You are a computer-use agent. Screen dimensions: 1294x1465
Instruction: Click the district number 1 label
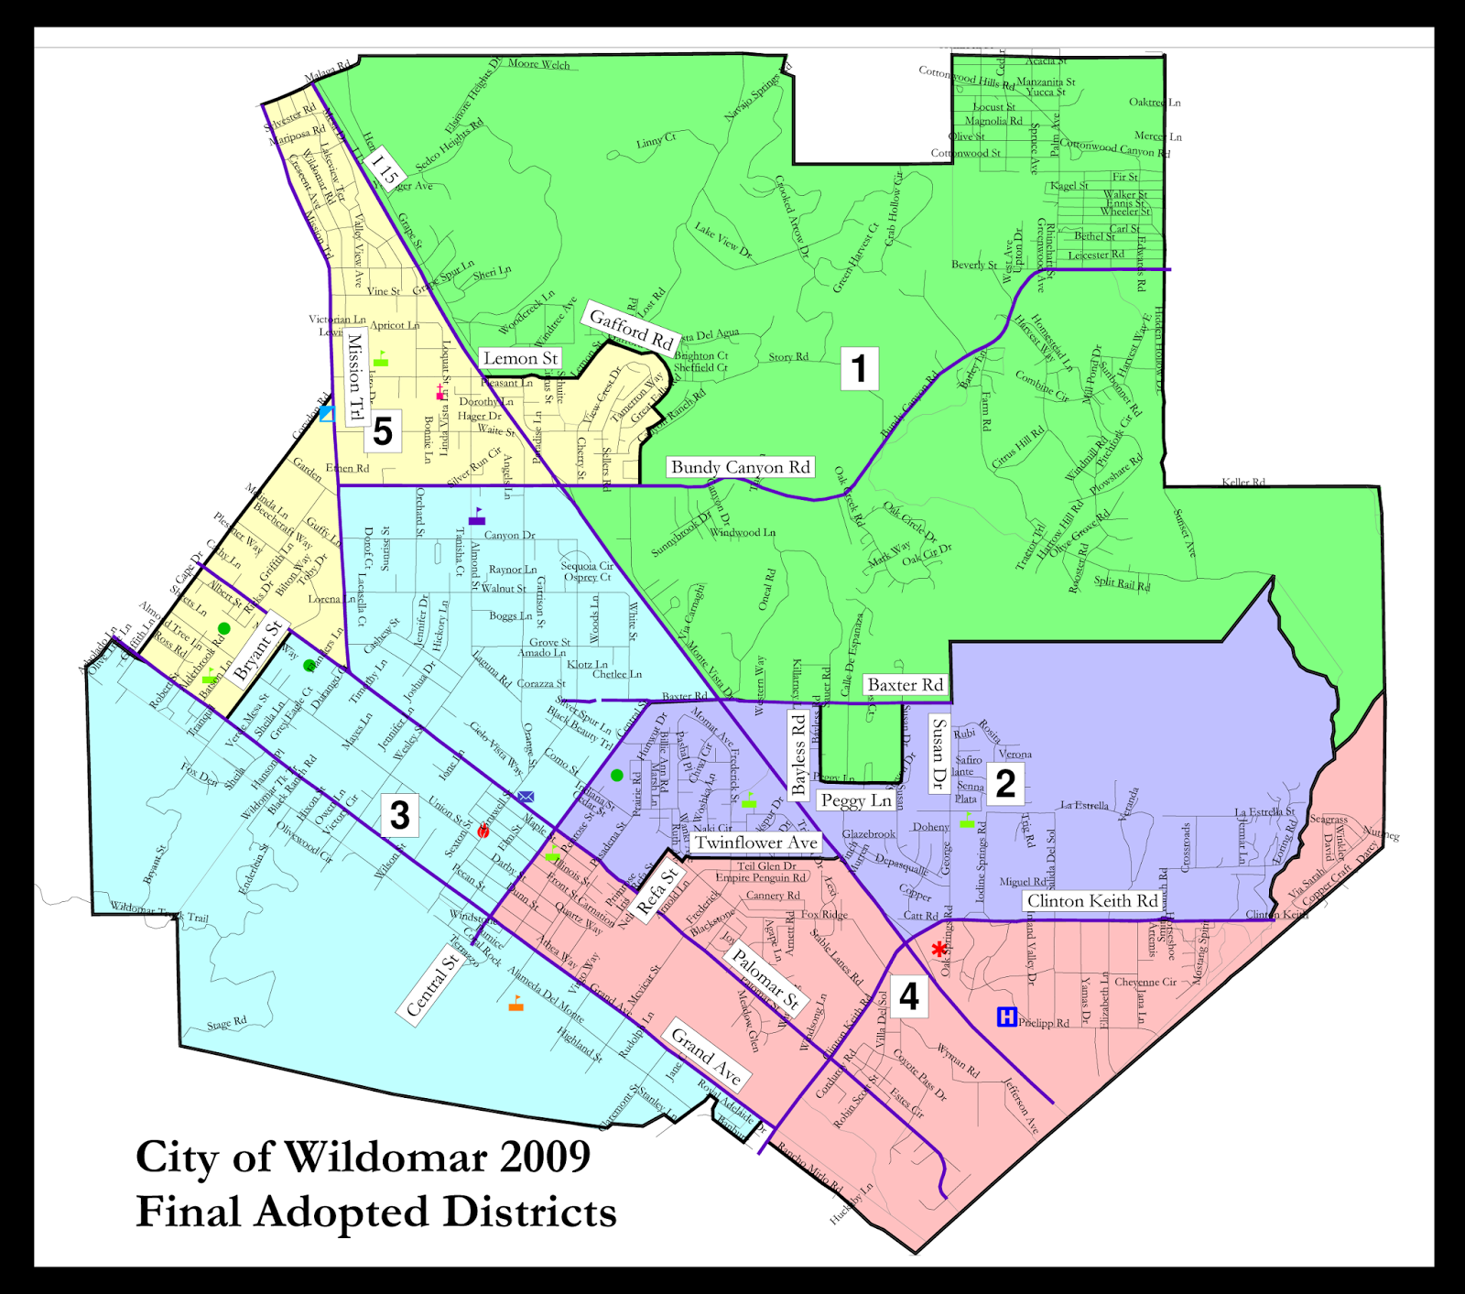859,368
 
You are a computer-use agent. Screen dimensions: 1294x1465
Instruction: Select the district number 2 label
1004,784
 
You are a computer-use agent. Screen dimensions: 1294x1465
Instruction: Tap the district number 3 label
400,815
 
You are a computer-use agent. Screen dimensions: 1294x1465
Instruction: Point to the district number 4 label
908,996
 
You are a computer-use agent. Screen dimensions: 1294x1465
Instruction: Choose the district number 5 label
383,430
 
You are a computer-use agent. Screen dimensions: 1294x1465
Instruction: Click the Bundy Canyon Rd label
740,468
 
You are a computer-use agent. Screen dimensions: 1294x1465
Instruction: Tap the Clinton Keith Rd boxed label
1091,901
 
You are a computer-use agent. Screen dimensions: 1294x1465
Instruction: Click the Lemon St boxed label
520,358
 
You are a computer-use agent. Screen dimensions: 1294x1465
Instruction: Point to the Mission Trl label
355,377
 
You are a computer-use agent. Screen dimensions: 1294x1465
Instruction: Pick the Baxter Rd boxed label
905,685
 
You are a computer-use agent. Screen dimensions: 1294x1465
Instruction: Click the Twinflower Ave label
755,843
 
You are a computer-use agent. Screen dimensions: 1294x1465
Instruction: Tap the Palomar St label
765,981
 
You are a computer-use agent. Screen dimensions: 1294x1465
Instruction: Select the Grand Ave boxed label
706,1056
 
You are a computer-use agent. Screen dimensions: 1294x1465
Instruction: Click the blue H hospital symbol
1006,1017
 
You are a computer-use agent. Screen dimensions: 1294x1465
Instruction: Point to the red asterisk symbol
939,950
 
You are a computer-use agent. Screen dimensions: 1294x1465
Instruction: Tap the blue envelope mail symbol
526,798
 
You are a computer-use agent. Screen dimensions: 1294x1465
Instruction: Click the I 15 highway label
384,169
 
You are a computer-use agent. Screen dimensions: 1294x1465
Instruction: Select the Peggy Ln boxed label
855,800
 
